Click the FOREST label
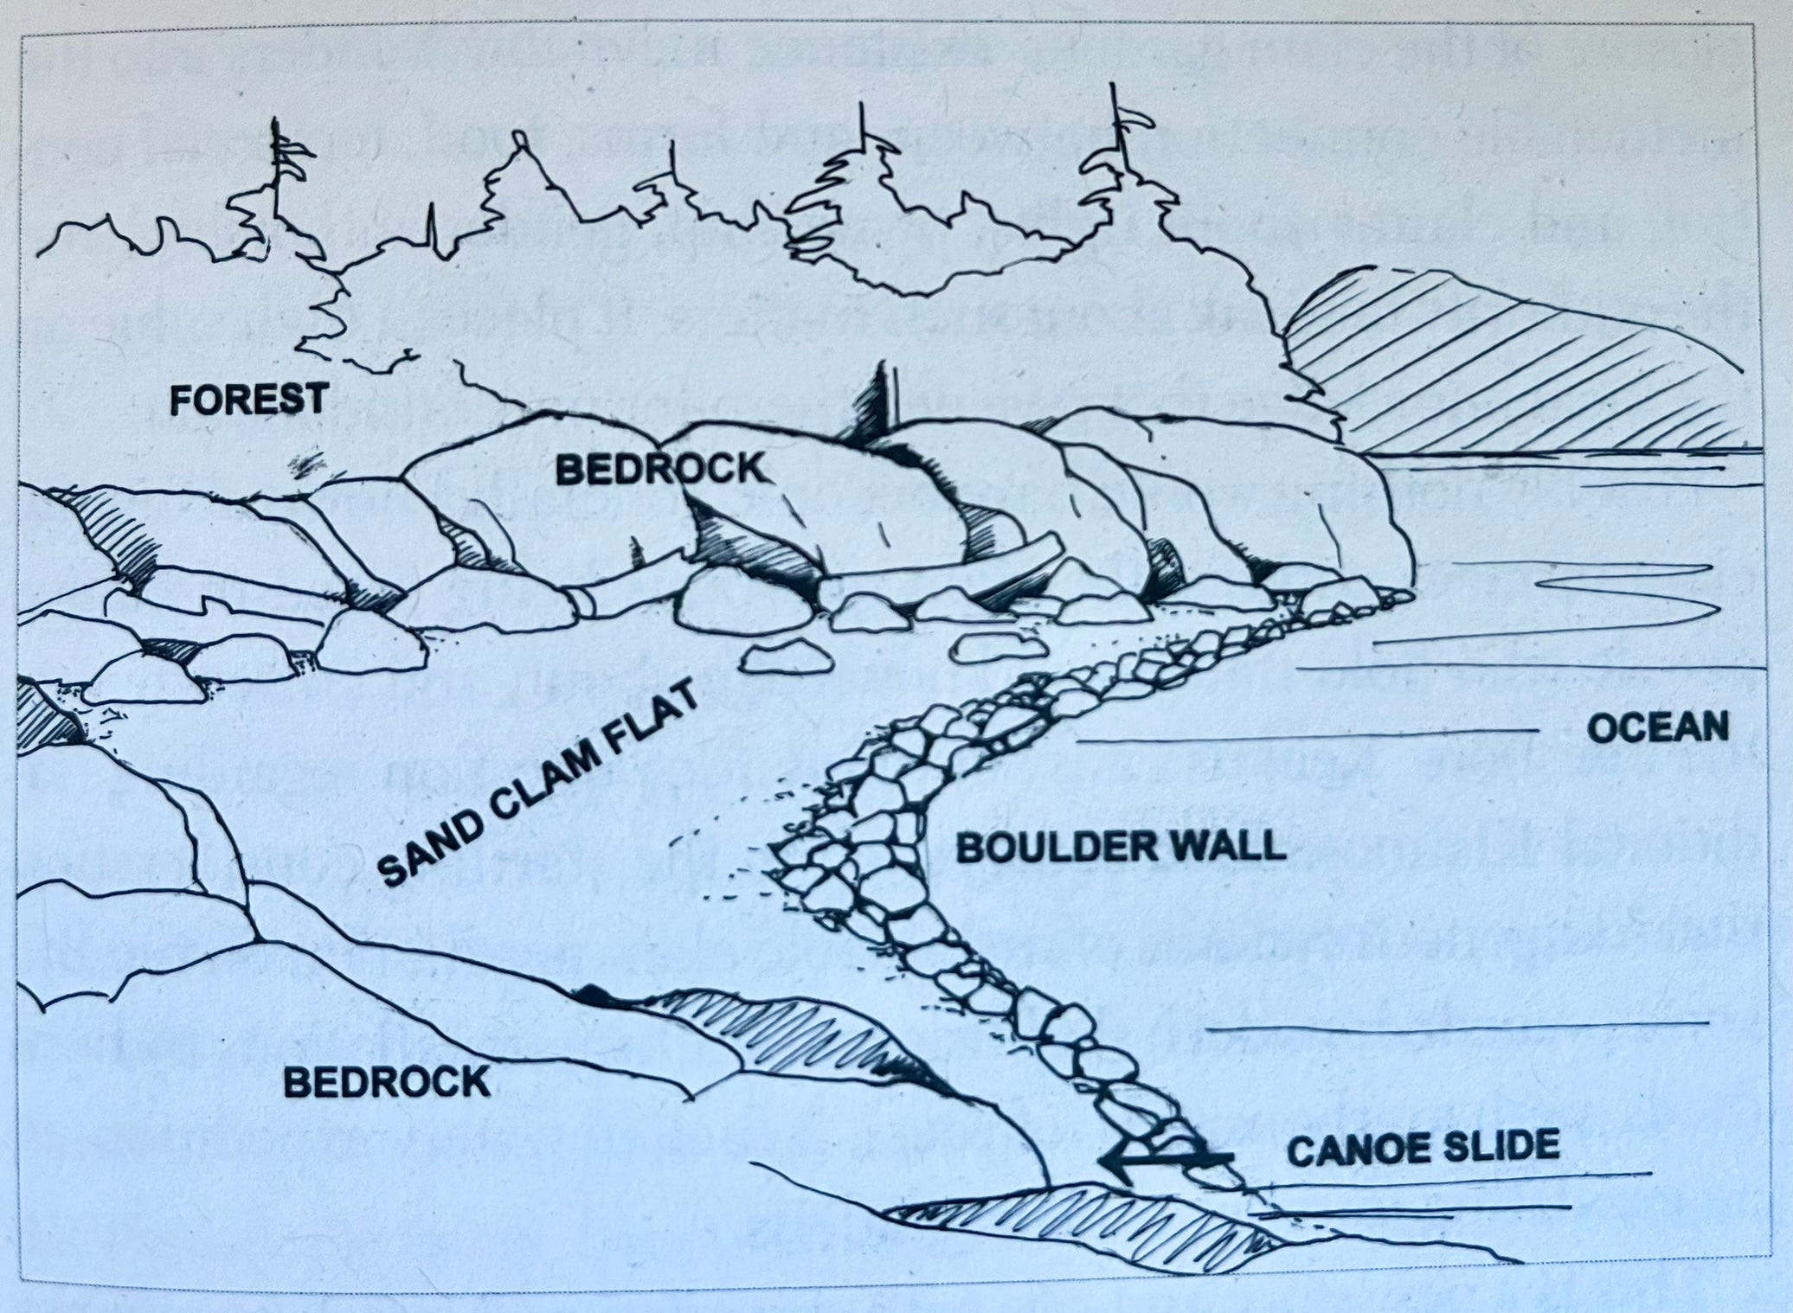point(248,400)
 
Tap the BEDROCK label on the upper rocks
point(661,470)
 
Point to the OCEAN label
point(1657,728)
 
